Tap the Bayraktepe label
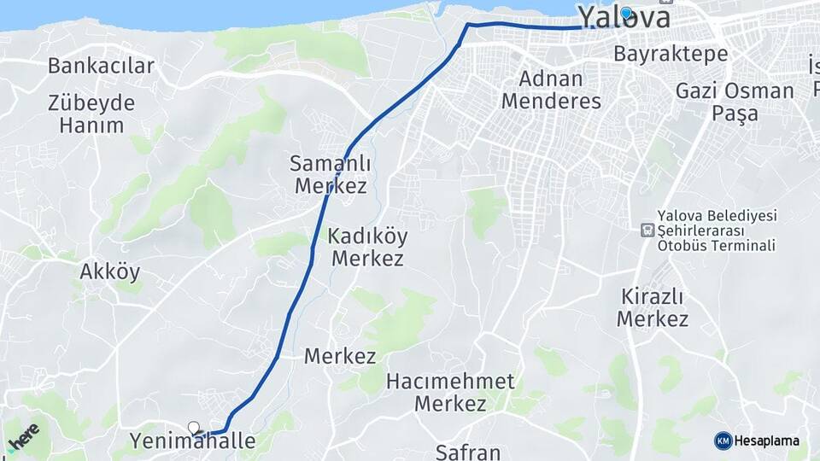pos(671,54)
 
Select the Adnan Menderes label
pos(551,90)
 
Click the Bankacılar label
pos(101,66)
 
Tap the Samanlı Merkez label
pos(328,173)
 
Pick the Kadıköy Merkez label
pos(367,248)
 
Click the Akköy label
pos(109,272)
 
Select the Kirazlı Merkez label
pos(653,308)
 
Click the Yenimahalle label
pos(192,441)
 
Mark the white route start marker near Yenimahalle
pos(194,428)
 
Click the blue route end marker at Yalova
pos(627,13)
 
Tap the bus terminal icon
pos(647,230)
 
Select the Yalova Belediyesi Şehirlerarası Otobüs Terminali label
pos(716,230)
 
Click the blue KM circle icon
pos(723,441)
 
